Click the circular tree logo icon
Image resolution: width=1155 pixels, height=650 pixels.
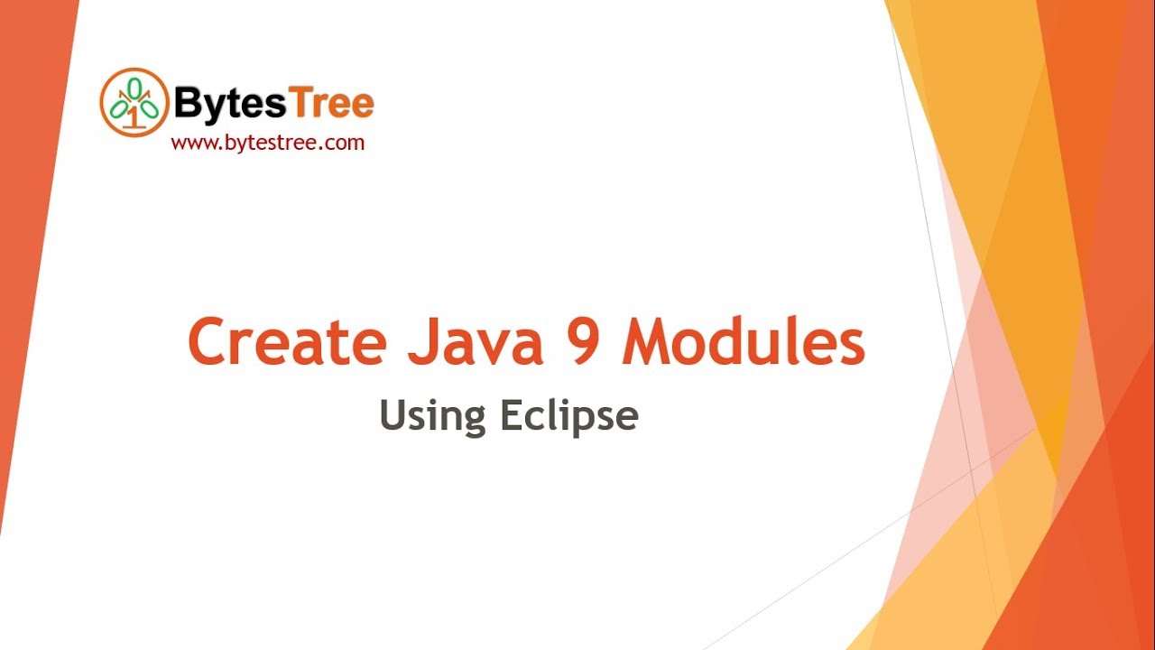tap(134, 102)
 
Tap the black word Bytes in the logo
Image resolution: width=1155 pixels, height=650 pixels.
tap(229, 105)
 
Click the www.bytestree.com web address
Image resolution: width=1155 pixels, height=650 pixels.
tap(267, 142)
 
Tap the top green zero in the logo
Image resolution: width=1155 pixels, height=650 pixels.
tap(134, 86)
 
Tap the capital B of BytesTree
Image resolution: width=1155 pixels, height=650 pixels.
tap(186, 105)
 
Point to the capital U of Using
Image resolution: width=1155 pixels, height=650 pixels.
tap(391, 416)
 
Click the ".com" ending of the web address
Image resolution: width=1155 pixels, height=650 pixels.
tap(347, 142)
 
